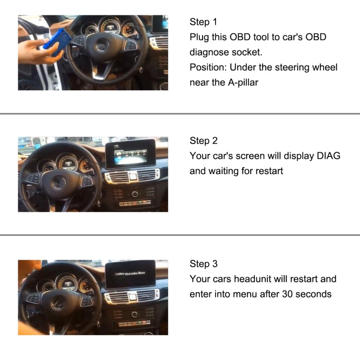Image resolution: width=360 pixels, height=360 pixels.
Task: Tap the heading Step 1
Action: [x=204, y=22]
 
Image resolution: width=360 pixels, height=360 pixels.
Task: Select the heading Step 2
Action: [x=204, y=141]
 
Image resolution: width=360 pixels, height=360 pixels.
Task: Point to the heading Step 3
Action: [x=204, y=264]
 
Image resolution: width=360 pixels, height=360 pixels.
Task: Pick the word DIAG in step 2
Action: [x=328, y=156]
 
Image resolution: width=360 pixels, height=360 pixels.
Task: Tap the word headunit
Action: [x=257, y=279]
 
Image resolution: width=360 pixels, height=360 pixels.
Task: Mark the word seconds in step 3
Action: [x=313, y=294]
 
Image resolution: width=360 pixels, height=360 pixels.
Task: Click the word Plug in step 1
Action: [x=199, y=37]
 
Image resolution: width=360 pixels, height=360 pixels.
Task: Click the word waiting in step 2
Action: [x=226, y=171]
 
